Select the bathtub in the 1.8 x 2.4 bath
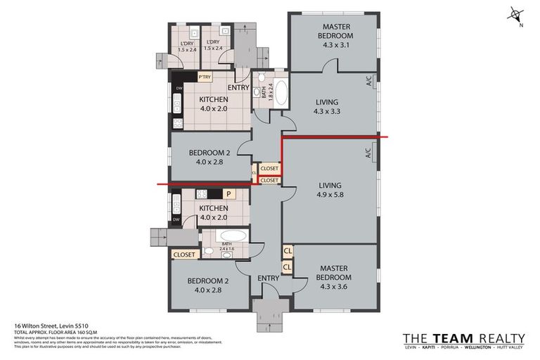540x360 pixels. (x=279, y=92)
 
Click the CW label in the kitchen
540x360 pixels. (x=179, y=88)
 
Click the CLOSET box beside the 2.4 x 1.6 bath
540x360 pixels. (x=184, y=255)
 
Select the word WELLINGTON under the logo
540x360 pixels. (x=472, y=348)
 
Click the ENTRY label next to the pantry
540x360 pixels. (x=239, y=87)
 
